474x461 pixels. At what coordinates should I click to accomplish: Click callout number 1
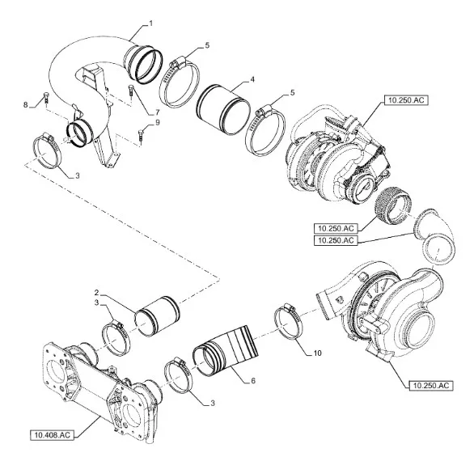coord(150,23)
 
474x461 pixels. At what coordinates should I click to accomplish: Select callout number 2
coord(97,292)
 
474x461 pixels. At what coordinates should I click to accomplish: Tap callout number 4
coord(252,79)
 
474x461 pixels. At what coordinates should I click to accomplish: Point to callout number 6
coord(253,380)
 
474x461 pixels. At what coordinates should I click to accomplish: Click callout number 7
coord(157,112)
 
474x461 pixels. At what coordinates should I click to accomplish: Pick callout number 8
coord(26,105)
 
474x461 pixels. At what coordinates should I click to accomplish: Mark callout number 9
coord(157,122)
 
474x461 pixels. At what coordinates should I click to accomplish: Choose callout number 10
coord(317,353)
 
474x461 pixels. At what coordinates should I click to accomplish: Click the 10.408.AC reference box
coord(52,435)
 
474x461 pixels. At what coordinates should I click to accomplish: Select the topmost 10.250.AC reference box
coord(406,100)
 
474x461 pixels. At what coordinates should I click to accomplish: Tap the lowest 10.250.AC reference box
coord(431,386)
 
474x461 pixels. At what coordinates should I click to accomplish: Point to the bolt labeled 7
coord(130,90)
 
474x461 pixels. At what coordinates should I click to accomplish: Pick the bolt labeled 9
coord(141,135)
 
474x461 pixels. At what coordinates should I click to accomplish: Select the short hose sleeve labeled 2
coord(157,316)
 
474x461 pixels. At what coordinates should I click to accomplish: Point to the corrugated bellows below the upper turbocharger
coord(392,205)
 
